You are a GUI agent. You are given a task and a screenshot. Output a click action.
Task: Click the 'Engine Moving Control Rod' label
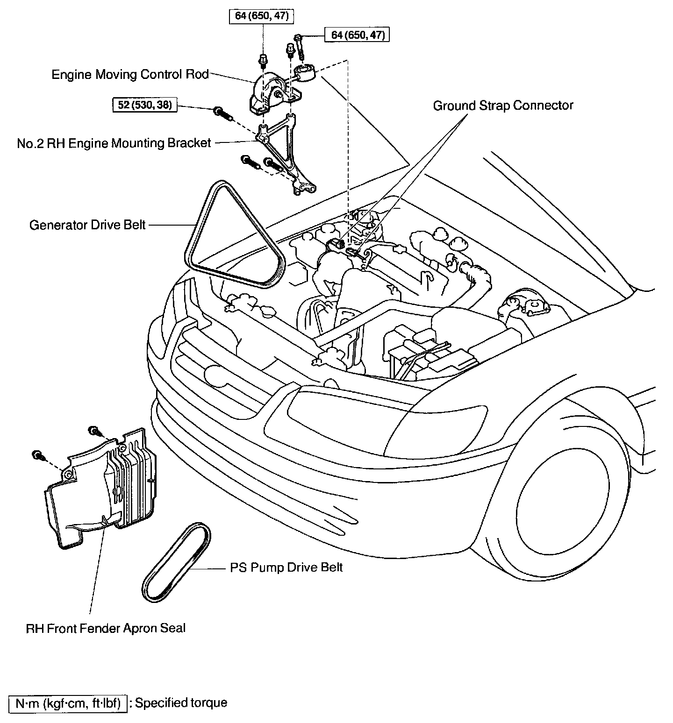(130, 75)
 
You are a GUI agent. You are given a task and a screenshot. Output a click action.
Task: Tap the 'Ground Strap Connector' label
(503, 106)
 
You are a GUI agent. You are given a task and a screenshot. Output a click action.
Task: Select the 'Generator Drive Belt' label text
(88, 225)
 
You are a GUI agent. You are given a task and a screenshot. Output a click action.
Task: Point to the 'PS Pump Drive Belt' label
(286, 567)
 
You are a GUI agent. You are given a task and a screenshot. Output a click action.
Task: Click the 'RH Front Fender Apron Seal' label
(106, 628)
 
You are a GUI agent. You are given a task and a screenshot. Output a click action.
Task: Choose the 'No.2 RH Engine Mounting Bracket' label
(114, 143)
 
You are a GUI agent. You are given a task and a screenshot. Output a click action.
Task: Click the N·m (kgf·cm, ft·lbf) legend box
(68, 703)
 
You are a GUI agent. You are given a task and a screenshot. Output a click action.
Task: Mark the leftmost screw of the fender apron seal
(36, 454)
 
